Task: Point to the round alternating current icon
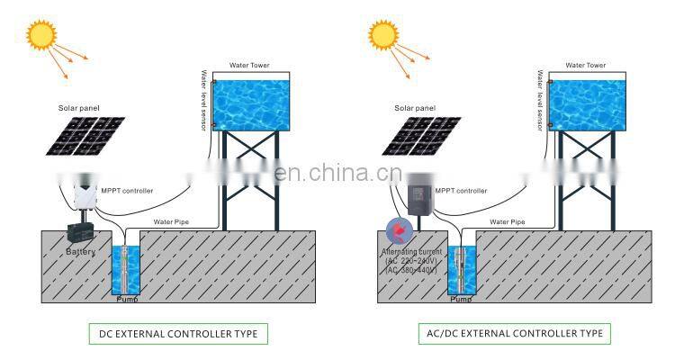[396, 229]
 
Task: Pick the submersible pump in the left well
[124, 267]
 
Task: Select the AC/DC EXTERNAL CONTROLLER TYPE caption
[514, 334]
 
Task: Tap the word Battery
[80, 252]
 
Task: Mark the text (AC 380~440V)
[409, 270]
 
